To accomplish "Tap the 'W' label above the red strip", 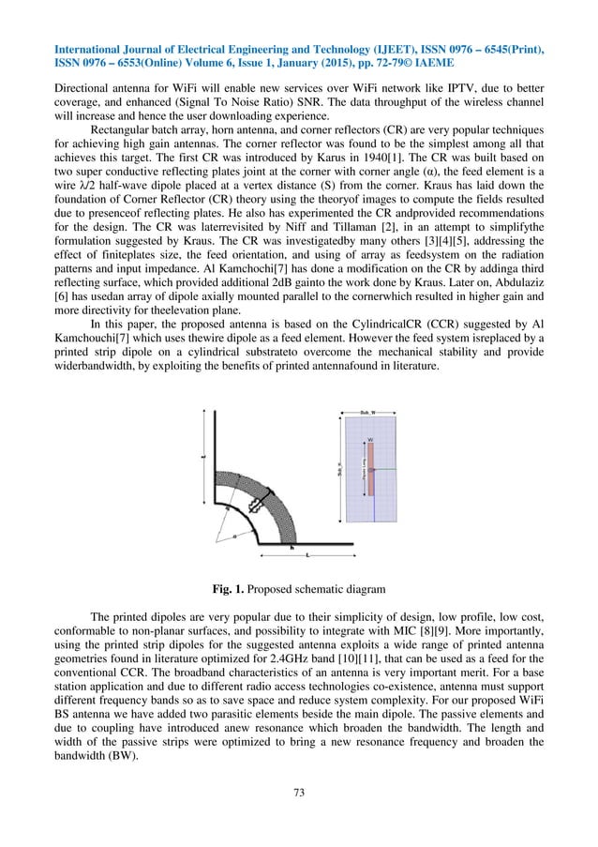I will (x=371, y=438).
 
